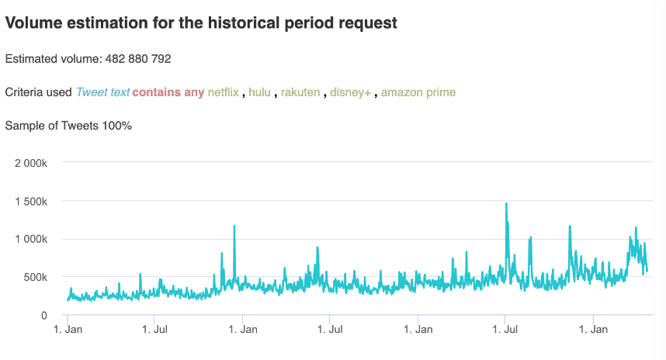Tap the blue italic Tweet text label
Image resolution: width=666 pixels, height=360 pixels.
coord(102,92)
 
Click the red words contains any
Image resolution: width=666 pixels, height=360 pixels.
coord(168,92)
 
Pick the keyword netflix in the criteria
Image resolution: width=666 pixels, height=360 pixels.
coord(223,92)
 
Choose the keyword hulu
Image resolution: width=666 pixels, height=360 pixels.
coord(259,92)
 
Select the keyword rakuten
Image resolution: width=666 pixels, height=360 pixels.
coord(300,92)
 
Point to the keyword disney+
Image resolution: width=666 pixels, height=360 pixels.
coord(351,92)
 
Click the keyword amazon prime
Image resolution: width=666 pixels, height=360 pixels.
coord(418,92)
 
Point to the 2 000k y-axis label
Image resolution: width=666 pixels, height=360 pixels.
coord(32,163)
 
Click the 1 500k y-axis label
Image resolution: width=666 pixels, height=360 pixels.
coord(32,201)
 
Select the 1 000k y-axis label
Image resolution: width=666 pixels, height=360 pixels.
coord(32,239)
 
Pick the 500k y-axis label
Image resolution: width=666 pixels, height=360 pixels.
coord(36,277)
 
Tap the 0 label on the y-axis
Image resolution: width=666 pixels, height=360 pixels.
coord(44,315)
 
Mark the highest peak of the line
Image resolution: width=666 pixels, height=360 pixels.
coord(506,204)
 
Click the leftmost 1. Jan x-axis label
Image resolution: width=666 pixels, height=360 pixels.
coord(68,330)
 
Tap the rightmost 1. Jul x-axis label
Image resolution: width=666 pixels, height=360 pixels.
coord(505,330)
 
